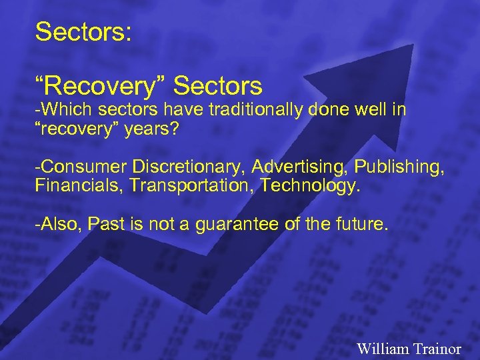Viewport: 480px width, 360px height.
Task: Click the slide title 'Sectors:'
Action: click(83, 32)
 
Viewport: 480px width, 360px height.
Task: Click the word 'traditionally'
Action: click(256, 109)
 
